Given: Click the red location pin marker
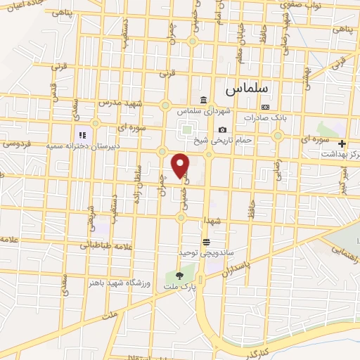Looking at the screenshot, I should (x=181, y=165).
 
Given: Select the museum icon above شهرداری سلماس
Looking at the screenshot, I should (x=204, y=99).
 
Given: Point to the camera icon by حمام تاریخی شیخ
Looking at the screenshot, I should (x=223, y=129).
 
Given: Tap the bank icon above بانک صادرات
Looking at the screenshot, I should (x=264, y=106).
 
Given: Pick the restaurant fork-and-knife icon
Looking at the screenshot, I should (x=82, y=134).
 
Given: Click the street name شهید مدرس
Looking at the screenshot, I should (x=129, y=103).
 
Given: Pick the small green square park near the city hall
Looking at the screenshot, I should (x=186, y=129).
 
